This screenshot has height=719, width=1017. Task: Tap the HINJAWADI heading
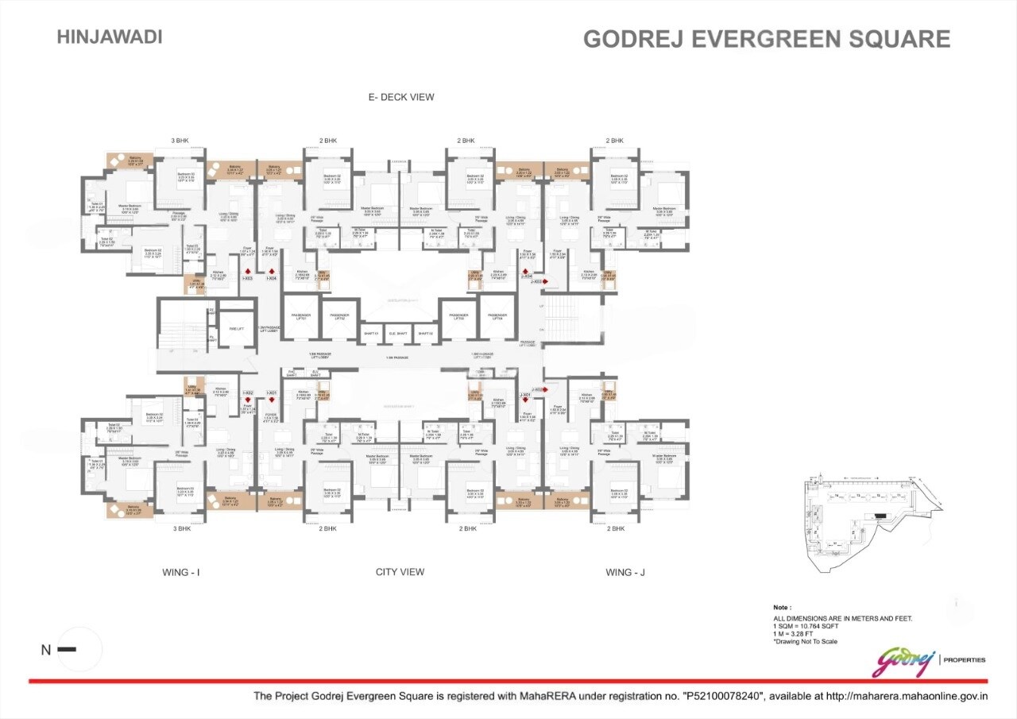(110, 37)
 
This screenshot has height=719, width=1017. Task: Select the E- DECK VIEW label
(401, 97)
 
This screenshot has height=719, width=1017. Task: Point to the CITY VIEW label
(400, 572)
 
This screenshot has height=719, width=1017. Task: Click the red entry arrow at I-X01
(272, 400)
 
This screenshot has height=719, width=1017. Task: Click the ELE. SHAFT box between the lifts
(400, 334)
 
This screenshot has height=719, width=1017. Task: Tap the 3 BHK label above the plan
(180, 141)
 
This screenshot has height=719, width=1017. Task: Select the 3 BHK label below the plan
(182, 528)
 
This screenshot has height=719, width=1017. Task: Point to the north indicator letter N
(46, 650)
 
